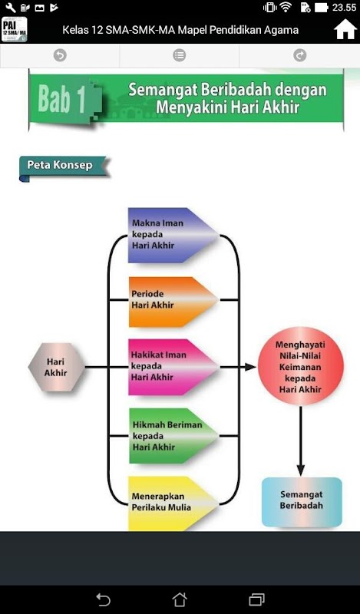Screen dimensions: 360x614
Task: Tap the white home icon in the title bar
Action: coord(345,30)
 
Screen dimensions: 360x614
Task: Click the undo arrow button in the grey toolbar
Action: coord(60,55)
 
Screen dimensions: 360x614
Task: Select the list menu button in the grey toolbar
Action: coord(180,55)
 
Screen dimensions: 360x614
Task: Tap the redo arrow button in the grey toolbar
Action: coord(299,55)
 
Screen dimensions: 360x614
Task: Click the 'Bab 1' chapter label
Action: coord(62,99)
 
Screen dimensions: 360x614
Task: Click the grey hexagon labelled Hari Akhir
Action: coord(56,367)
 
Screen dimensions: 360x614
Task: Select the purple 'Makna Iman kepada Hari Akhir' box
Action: coord(173,235)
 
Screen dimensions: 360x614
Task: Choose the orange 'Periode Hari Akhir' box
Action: coord(173,302)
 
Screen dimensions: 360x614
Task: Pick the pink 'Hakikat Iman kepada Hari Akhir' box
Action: coord(173,367)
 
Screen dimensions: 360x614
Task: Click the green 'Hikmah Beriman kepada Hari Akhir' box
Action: coord(173,436)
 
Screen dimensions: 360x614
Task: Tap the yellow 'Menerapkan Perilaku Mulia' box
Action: coord(173,503)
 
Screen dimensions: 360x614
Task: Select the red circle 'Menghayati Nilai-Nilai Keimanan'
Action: coord(300,367)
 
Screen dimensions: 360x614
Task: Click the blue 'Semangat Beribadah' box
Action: coord(302,502)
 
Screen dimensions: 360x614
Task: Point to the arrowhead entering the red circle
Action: coord(251,367)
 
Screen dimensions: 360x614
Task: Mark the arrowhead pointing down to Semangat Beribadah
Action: coord(300,470)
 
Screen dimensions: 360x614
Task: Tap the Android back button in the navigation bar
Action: coord(103,599)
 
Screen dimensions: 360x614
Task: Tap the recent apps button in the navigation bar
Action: coord(256,599)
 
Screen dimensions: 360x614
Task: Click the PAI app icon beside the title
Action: coord(14,30)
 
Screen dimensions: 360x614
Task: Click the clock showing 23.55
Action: coord(344,8)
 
